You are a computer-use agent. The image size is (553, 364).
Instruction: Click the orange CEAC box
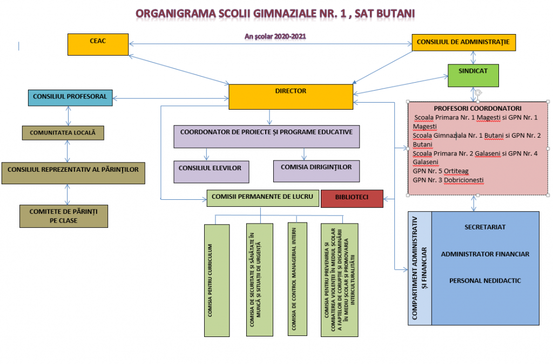(x=98, y=44)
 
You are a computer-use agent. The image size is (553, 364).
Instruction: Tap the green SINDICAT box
(x=472, y=76)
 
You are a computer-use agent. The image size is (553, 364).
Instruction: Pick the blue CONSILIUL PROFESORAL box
(x=70, y=97)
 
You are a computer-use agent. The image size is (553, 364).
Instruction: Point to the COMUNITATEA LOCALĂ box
(x=63, y=132)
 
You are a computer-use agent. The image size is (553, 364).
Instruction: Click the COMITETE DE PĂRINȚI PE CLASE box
(x=63, y=216)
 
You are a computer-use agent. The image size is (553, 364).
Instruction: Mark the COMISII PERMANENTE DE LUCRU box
(x=261, y=198)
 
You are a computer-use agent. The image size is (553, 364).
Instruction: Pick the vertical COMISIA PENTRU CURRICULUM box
(x=217, y=279)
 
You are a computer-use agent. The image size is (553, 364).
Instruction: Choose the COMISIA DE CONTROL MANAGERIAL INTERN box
(x=295, y=279)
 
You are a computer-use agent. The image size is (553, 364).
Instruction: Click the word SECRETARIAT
(x=485, y=227)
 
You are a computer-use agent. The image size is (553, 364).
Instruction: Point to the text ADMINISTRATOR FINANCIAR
(x=485, y=254)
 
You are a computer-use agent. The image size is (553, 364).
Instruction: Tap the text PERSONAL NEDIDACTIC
(x=485, y=280)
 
